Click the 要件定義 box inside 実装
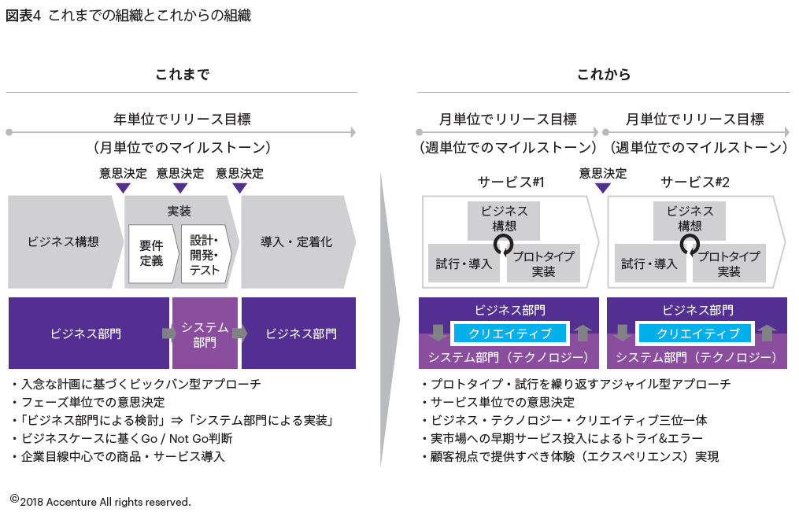coord(151,253)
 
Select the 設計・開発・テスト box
coord(205,253)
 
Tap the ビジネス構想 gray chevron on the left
coord(64,241)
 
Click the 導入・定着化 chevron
coord(296,241)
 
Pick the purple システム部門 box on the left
coord(205,334)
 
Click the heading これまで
coord(182,75)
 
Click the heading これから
coord(603,75)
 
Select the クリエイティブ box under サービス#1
coord(509,334)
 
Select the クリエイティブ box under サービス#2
coord(697,334)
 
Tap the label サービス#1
coord(511,182)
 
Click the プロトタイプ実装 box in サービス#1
coord(543,264)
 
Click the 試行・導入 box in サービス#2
coord(649,264)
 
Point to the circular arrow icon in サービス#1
coord(504,245)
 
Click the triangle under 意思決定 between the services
coord(602,188)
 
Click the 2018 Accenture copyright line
coord(101,501)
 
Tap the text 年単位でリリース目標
coord(182,120)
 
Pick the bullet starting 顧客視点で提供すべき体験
coord(570,456)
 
